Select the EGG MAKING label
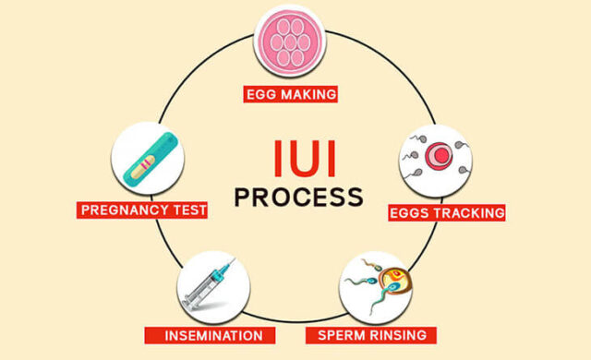click(291, 94)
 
